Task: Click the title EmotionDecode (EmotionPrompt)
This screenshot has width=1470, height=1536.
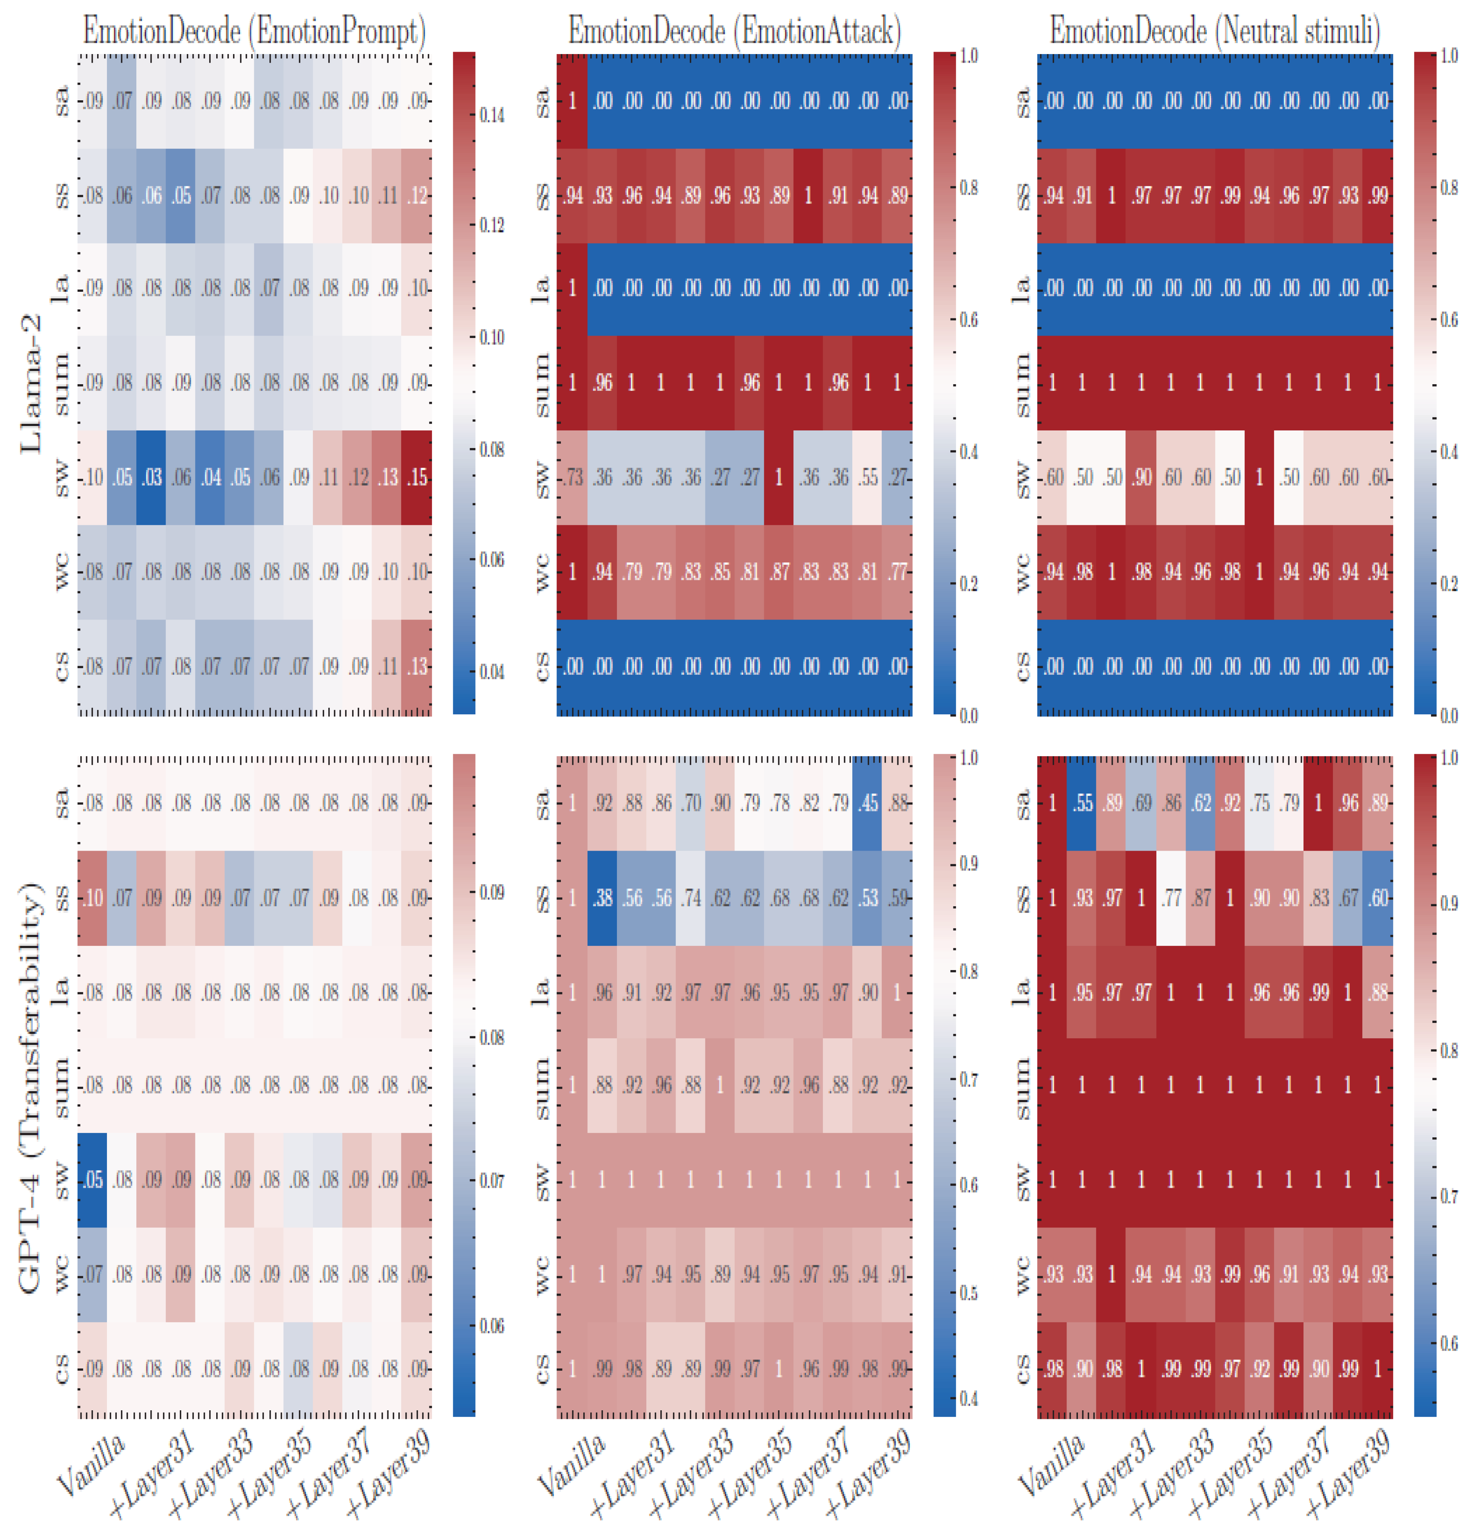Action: click(x=255, y=31)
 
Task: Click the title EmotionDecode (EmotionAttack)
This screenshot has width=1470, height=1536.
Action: click(x=734, y=31)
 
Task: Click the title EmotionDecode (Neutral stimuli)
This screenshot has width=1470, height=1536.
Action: click(x=1215, y=31)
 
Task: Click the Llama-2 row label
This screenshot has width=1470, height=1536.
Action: click(x=31, y=384)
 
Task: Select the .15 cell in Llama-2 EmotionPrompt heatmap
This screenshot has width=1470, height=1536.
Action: click(x=418, y=477)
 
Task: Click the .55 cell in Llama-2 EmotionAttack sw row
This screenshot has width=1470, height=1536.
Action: click(x=868, y=477)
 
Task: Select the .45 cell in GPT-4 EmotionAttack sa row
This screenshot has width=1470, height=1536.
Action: click(x=868, y=803)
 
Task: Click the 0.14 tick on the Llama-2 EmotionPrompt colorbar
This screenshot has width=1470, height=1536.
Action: click(x=492, y=115)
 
